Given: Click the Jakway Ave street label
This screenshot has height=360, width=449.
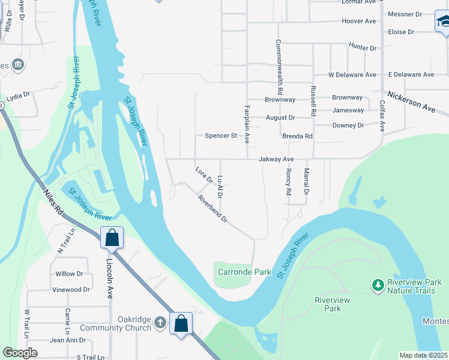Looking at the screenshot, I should (x=276, y=159).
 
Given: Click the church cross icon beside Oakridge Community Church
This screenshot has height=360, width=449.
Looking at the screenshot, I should (x=160, y=323).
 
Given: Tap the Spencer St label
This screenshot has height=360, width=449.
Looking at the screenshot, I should (x=221, y=136).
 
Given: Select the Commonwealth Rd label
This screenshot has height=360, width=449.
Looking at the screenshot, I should (x=279, y=66).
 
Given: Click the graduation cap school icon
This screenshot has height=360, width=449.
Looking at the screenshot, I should (x=443, y=22).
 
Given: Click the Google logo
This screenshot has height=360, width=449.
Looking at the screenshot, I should (x=20, y=353).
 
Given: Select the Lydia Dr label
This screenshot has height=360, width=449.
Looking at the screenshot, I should (x=18, y=97).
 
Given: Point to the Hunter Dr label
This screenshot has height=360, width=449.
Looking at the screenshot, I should (x=363, y=48).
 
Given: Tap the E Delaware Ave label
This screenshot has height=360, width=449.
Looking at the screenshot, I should (x=411, y=75).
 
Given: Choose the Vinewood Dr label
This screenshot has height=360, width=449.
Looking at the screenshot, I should (x=71, y=289).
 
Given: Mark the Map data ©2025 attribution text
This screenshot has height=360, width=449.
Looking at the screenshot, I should (x=423, y=355).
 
